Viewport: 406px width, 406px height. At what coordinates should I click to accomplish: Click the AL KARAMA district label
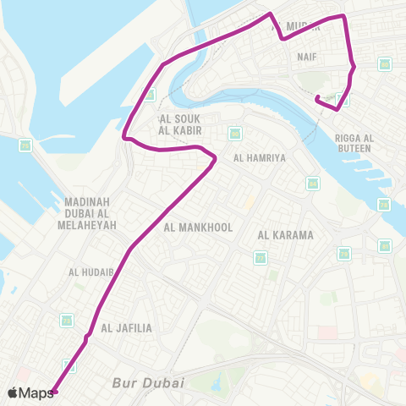point(286,235)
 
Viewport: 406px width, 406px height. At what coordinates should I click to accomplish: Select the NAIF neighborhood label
point(306,57)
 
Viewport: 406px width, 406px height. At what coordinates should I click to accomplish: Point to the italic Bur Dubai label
point(148,383)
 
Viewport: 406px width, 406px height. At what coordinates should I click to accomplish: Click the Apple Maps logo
point(30,392)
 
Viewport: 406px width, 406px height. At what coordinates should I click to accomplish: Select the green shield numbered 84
point(234,132)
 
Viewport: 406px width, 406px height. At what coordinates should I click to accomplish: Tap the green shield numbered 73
point(384,204)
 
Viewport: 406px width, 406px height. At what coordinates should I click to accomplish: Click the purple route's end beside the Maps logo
point(54,392)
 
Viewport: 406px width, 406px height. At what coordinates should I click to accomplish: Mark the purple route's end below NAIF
point(317,100)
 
